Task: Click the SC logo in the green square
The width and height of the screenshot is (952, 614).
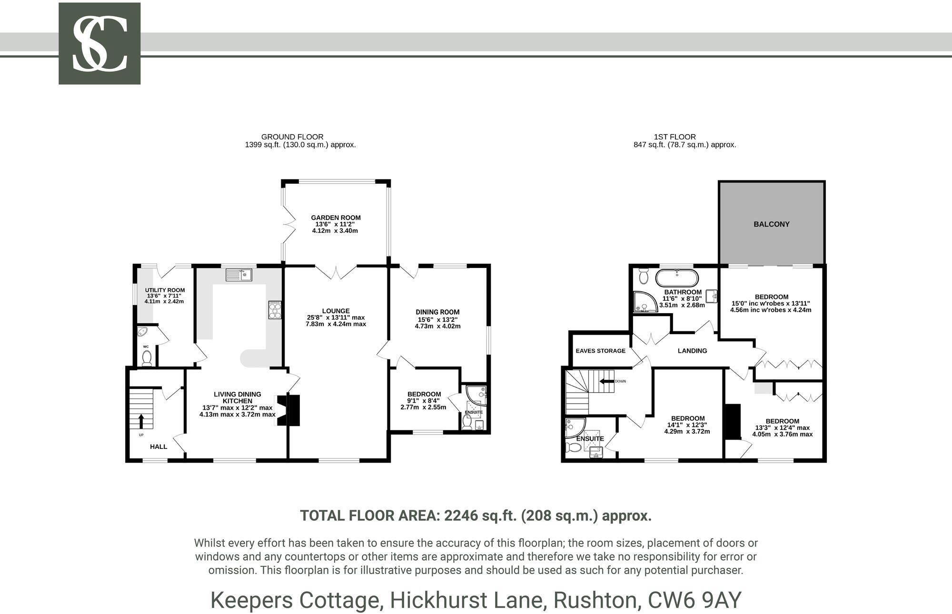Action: click(99, 43)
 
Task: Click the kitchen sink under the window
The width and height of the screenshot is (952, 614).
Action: click(239, 275)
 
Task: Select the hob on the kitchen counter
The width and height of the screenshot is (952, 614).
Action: click(275, 310)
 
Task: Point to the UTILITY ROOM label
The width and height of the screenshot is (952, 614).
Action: click(165, 290)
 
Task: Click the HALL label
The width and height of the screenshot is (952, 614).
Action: click(159, 446)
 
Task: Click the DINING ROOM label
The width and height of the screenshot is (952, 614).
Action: click(437, 312)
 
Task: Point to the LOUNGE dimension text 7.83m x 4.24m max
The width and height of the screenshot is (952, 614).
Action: click(336, 324)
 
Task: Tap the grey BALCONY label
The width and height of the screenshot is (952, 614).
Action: click(771, 224)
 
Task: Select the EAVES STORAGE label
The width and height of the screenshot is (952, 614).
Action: click(600, 351)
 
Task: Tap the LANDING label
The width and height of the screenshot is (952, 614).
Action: click(692, 351)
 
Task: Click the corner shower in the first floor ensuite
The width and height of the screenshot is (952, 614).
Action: click(573, 427)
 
